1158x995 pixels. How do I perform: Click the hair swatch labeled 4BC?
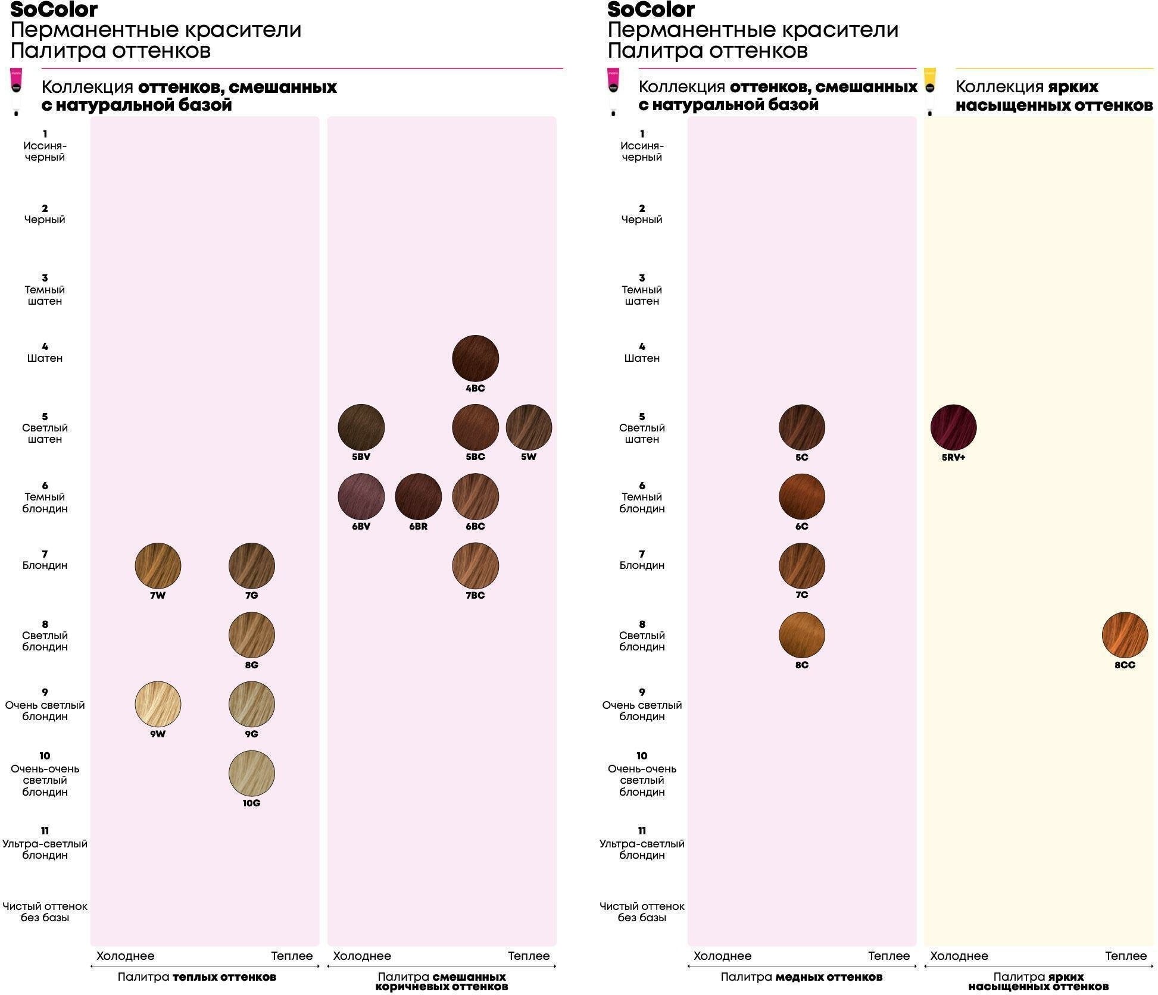475,358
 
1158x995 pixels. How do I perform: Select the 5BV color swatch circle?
361,427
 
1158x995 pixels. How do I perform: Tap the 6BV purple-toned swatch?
361,496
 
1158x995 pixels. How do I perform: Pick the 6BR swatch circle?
418,496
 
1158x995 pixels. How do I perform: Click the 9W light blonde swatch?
158,704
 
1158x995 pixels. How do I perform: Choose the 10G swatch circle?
252,774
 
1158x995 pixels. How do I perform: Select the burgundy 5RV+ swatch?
953,427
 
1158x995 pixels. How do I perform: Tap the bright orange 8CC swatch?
1125,635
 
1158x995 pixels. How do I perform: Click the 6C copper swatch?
801,496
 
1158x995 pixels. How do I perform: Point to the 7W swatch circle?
158,565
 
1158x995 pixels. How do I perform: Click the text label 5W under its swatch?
528,457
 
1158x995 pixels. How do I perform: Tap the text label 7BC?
475,595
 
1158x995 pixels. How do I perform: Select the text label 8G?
252,665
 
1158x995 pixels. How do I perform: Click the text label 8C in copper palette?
801,665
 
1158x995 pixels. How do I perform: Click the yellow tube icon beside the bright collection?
929,89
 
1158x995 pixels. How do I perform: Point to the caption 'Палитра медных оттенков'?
801,977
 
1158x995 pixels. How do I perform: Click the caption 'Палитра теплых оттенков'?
196,977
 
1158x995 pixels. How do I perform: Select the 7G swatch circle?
252,565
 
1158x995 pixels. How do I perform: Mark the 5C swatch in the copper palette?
801,427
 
